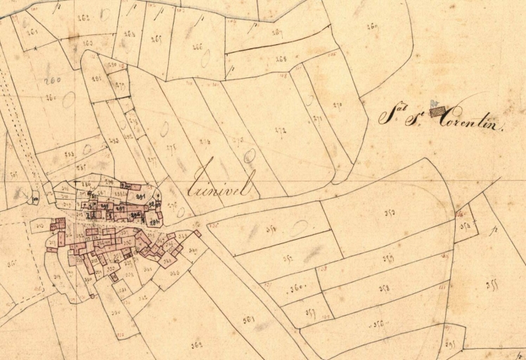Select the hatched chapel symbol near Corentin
438,110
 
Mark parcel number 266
197,46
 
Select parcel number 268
282,59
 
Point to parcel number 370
338,105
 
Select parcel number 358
384,288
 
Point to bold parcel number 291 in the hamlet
139,196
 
